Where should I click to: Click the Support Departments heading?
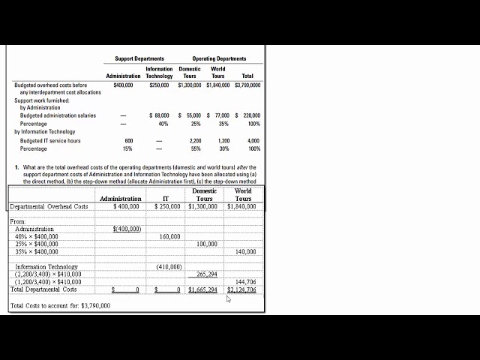pyautogui.click(x=139, y=58)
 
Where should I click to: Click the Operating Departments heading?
pyautogui.click(x=219, y=58)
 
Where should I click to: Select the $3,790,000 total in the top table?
pyautogui.click(x=247, y=85)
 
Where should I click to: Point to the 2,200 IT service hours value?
pyautogui.click(x=195, y=140)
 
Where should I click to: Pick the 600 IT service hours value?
pyautogui.click(x=129, y=140)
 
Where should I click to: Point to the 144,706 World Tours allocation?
pyautogui.click(x=245, y=282)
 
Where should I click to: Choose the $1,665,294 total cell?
pyautogui.click(x=202, y=289)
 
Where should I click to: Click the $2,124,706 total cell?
pyautogui.click(x=242, y=289)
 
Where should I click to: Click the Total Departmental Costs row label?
pyautogui.click(x=43, y=289)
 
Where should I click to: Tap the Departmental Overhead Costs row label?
pyautogui.click(x=49, y=206)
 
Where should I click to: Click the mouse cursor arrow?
pyautogui.click(x=229, y=298)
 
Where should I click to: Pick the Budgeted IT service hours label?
pyautogui.click(x=50, y=140)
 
